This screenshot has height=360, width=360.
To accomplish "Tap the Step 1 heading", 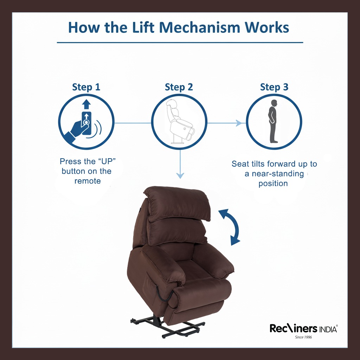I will coord(86,87).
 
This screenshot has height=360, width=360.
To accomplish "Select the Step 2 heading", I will coord(179,87).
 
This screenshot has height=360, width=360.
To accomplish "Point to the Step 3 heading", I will coord(274,87).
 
